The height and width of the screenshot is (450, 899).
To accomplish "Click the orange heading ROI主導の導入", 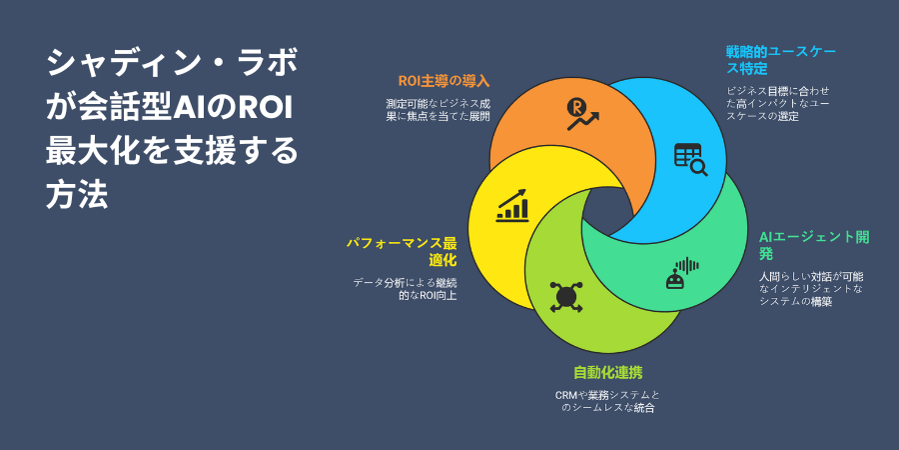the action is (x=445, y=81).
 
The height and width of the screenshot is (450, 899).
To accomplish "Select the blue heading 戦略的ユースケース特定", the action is (x=781, y=61).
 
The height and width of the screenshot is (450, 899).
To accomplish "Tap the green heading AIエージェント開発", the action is (x=814, y=245).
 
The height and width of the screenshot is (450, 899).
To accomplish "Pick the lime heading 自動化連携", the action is (x=607, y=373).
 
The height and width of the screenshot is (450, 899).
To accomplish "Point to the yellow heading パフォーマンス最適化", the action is (x=402, y=251).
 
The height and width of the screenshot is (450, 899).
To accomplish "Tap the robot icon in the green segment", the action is (x=682, y=273).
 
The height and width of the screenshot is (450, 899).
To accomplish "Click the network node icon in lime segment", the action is (x=566, y=297).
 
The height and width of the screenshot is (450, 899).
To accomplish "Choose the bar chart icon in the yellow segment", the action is (x=512, y=205).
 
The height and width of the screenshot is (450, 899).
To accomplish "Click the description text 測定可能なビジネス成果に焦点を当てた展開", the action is (x=439, y=110).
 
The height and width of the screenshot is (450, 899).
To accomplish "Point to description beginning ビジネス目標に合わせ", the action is (x=778, y=104).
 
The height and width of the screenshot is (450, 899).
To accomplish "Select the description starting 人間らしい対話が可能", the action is (x=811, y=289).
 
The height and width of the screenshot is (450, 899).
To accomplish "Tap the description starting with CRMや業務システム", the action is (x=607, y=402).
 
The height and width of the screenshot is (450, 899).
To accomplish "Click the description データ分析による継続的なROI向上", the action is (x=405, y=289).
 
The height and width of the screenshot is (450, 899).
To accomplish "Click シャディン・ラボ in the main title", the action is (x=172, y=64).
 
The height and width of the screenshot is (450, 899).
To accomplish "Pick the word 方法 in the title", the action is (x=77, y=196).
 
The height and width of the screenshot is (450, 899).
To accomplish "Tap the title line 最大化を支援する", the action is (x=172, y=152).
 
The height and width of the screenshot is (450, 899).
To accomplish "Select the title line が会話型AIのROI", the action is (x=170, y=108).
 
